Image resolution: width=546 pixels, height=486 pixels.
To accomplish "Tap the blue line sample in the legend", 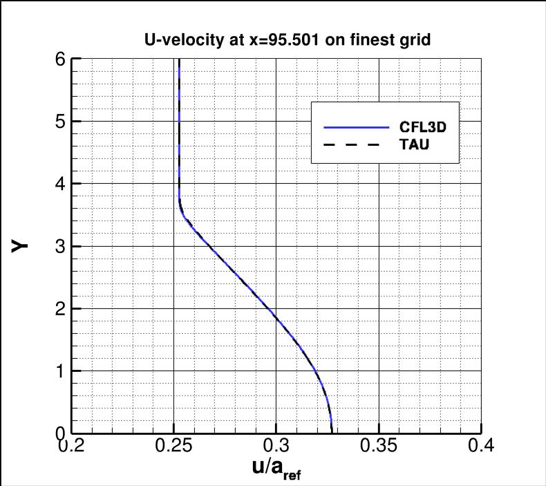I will tap(357, 128).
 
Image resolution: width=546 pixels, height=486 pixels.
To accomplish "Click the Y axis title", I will tap(21, 245).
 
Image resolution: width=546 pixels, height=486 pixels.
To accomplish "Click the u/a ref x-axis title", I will tap(276, 470).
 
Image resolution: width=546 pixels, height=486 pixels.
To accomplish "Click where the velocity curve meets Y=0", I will tap(331, 432).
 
